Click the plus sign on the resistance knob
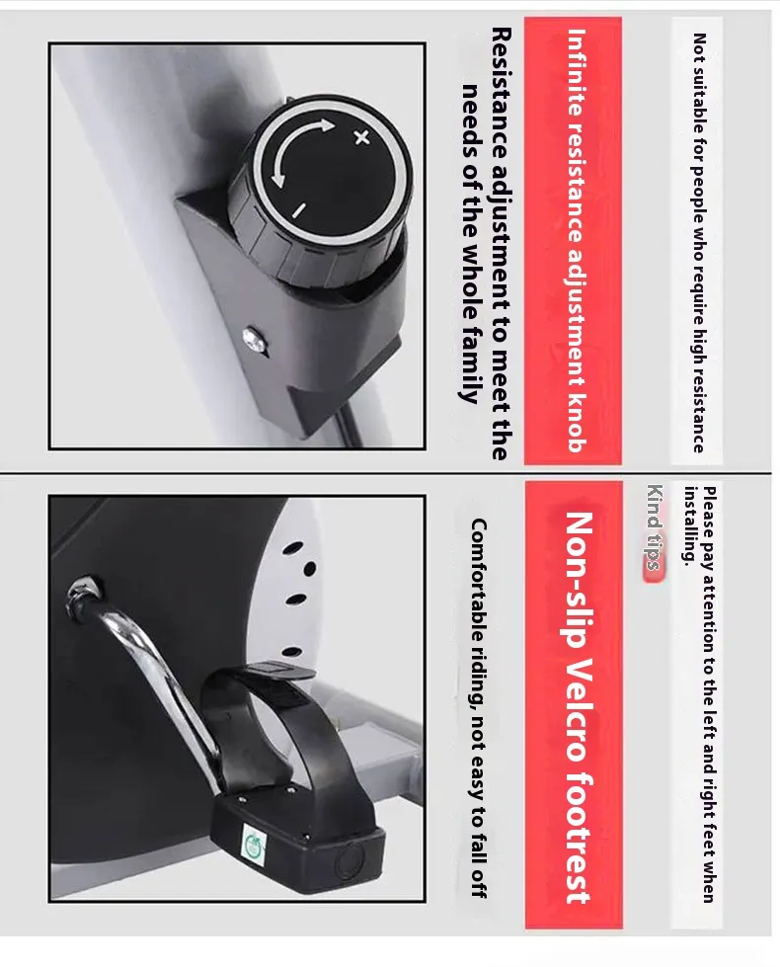[362, 137]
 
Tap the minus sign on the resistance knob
[298, 211]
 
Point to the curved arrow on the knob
[295, 150]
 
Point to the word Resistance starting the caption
[501, 93]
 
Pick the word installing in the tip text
[692, 525]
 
